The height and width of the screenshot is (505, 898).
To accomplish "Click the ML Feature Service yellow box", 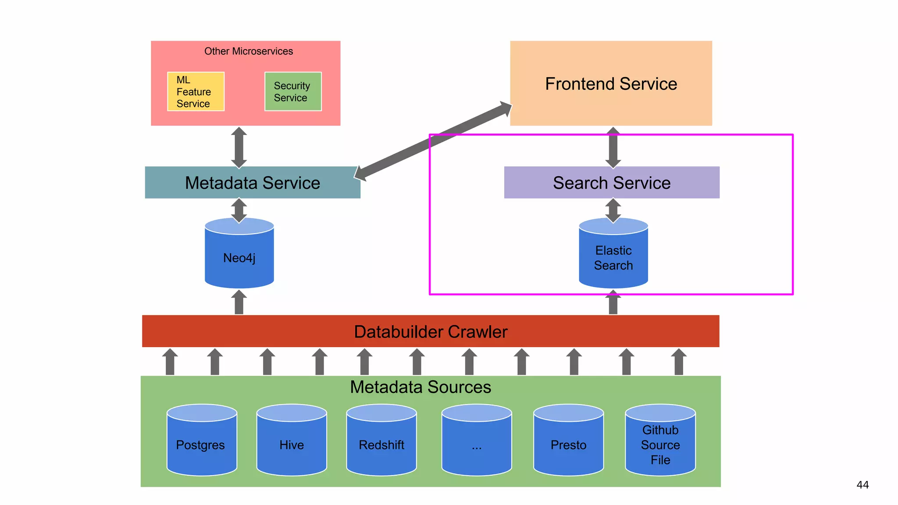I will [x=196, y=92].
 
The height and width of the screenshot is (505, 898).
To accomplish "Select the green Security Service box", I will [x=293, y=92].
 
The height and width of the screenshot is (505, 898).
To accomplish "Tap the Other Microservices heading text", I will [x=248, y=51].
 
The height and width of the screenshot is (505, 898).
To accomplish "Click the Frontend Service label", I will [x=611, y=84].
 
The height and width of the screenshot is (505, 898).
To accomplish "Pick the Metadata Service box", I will [x=253, y=183].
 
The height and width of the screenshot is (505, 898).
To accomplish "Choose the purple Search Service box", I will [x=611, y=183].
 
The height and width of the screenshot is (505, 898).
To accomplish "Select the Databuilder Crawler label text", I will [x=431, y=332].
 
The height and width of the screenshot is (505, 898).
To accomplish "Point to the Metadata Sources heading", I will [x=420, y=387].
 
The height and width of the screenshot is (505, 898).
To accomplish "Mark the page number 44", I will [x=862, y=485].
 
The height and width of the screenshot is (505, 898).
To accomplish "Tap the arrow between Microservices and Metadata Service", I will [x=239, y=147].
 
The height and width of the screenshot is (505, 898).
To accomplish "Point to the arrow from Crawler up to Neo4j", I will [x=239, y=303].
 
